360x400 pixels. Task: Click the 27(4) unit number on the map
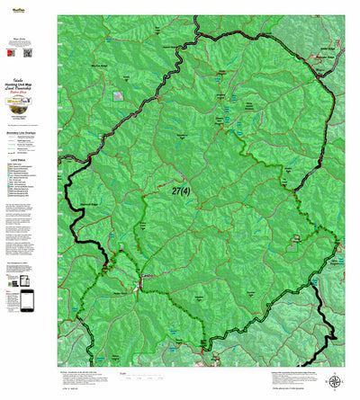(179, 191)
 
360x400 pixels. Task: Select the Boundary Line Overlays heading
(29, 136)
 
